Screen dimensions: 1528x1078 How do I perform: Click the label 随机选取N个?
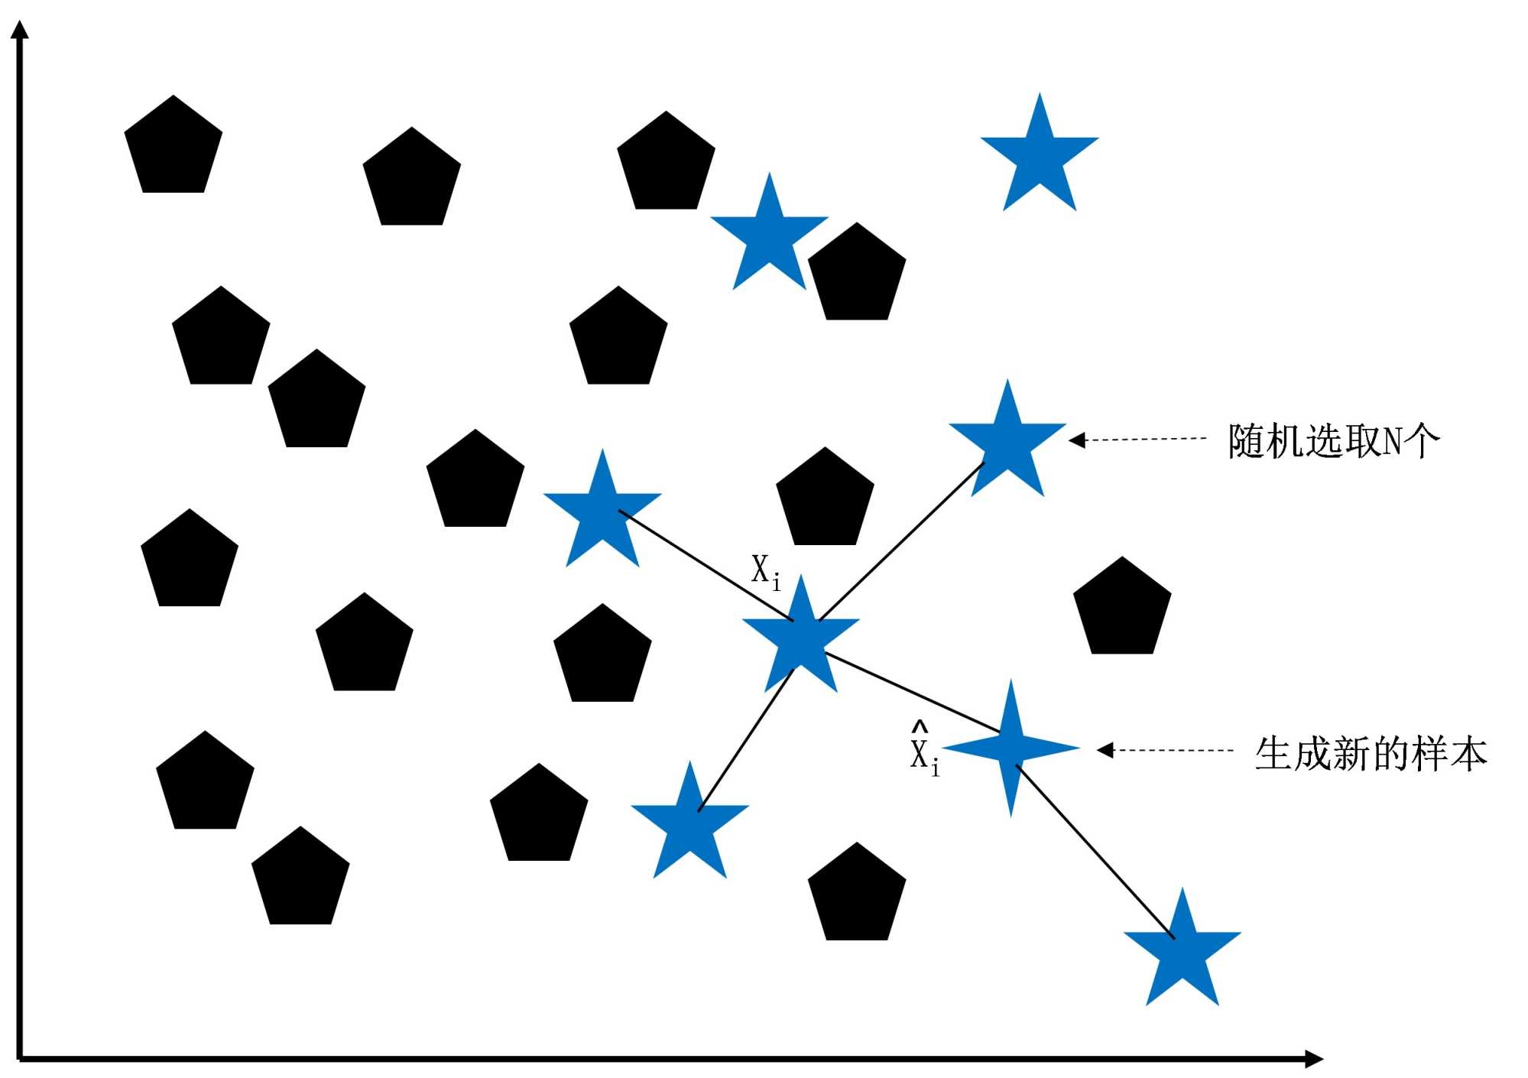pyautogui.click(x=1333, y=441)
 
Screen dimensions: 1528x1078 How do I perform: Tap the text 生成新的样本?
pyautogui.click(x=1371, y=753)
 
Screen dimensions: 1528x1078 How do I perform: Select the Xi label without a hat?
pyautogui.click(x=765, y=572)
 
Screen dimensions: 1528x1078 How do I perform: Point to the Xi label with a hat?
pyautogui.click(x=923, y=750)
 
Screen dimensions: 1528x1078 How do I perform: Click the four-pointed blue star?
pyautogui.click(x=1011, y=747)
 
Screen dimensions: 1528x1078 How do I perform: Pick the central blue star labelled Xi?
pyautogui.click(x=801, y=639)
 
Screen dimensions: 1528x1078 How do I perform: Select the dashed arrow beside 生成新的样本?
pyautogui.click(x=1165, y=750)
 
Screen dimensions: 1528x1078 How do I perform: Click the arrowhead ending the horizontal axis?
pyautogui.click(x=1314, y=1058)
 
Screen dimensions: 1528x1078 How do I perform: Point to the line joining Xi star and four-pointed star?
pyautogui.click(x=913, y=693)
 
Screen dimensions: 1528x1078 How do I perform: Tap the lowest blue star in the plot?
pyautogui.click(x=1182, y=952)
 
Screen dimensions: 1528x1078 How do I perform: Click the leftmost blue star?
pyautogui.click(x=602, y=512)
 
